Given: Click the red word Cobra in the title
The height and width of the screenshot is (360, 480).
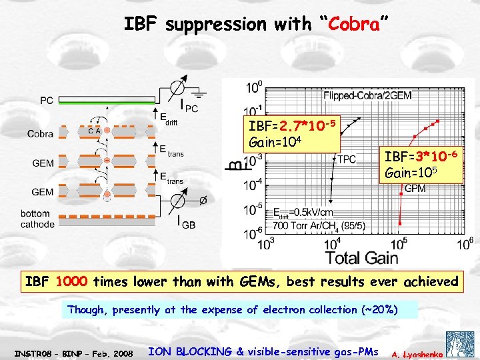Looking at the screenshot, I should [351, 25].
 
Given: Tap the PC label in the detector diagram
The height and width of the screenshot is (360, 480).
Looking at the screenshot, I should [47, 101].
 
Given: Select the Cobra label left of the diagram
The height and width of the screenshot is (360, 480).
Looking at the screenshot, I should [40, 134].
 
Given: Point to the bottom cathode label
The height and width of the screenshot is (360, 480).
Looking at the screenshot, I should [39, 219].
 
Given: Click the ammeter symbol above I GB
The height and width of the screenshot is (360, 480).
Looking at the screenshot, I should [179, 199].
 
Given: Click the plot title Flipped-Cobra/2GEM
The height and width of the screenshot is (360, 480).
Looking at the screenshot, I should [367, 95].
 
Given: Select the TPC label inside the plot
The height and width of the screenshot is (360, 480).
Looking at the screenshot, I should [347, 159].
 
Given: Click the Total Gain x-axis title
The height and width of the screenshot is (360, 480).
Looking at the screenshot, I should [362, 257].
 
